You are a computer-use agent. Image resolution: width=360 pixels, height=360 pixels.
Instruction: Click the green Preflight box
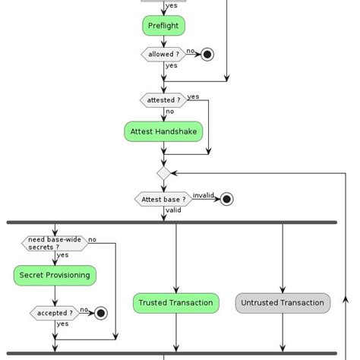163,26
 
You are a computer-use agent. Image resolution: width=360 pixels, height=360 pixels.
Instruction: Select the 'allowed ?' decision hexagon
163,55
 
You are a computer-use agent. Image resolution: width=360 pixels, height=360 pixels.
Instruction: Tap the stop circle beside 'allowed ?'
207,55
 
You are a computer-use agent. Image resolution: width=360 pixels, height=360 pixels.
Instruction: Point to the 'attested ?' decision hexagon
163,100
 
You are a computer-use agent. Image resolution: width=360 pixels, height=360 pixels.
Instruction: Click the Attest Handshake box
163,131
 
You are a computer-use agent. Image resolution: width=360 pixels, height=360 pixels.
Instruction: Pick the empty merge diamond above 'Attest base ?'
163,174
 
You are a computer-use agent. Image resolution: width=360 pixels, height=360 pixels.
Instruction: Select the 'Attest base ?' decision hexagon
163,200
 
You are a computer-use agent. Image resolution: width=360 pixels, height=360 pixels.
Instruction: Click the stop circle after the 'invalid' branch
226,200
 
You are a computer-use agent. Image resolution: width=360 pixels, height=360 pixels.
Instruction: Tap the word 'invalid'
203,195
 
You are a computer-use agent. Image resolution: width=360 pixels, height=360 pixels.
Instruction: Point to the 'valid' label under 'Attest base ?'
173,210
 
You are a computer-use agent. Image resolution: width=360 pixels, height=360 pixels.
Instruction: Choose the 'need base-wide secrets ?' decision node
54,243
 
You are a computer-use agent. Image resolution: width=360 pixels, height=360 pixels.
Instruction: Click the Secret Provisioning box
55,276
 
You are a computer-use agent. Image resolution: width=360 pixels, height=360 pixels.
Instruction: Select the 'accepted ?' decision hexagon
55,313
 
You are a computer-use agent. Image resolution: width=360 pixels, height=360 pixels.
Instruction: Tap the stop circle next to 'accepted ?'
100,313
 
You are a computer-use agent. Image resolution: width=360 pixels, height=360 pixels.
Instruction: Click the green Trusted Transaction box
175,303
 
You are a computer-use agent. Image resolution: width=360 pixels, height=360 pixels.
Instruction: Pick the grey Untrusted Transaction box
283,303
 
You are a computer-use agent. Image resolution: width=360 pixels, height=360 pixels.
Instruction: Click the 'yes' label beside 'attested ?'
194,96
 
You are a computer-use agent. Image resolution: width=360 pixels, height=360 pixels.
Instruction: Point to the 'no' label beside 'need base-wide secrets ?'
92,239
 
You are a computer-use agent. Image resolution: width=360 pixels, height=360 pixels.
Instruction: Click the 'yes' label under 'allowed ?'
171,66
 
